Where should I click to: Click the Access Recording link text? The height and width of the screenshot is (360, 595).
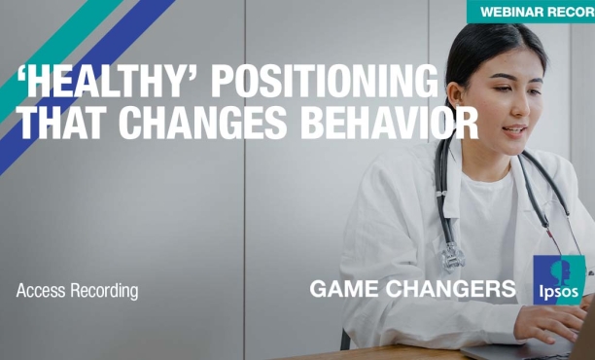click(x=77, y=290)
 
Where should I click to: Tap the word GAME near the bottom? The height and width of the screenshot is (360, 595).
click(x=349, y=289)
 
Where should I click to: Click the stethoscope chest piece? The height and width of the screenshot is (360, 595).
click(x=452, y=258)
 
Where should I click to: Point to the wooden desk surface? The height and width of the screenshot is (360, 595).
click(x=389, y=352)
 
